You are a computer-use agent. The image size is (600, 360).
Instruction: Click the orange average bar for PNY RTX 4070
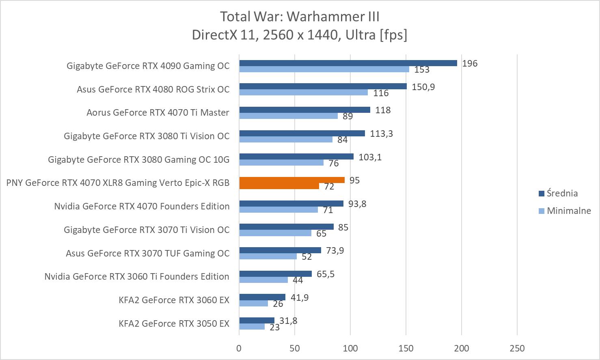click(292, 180)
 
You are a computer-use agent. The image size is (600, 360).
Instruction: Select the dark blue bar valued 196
click(348, 63)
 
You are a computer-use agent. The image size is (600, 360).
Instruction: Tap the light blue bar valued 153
click(324, 69)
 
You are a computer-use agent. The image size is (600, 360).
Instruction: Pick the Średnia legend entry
click(562, 193)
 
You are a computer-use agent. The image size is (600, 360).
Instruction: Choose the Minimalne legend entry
click(568, 211)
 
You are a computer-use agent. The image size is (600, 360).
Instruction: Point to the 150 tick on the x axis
click(406, 348)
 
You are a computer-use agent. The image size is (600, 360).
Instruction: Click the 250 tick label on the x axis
click(517, 348)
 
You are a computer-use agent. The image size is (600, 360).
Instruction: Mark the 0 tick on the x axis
click(239, 348)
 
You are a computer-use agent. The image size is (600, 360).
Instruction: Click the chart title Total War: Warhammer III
click(300, 17)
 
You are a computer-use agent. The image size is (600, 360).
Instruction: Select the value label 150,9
click(423, 87)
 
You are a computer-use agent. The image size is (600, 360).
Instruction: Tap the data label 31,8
click(288, 321)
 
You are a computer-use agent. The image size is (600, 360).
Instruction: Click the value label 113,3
click(381, 134)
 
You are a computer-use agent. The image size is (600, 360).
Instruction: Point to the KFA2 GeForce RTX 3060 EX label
click(174, 300)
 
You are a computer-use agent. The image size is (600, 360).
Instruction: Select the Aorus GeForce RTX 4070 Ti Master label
click(158, 112)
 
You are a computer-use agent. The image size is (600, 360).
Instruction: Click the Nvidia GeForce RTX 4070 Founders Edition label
click(142, 206)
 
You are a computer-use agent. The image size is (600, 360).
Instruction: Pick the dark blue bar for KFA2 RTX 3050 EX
click(257, 320)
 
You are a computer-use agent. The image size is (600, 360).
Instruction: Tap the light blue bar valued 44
click(263, 280)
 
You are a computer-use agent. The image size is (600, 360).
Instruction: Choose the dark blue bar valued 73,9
click(280, 250)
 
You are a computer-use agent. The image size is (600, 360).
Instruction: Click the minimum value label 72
click(329, 187)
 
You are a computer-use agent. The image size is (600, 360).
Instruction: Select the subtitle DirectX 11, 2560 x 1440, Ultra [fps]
click(300, 35)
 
